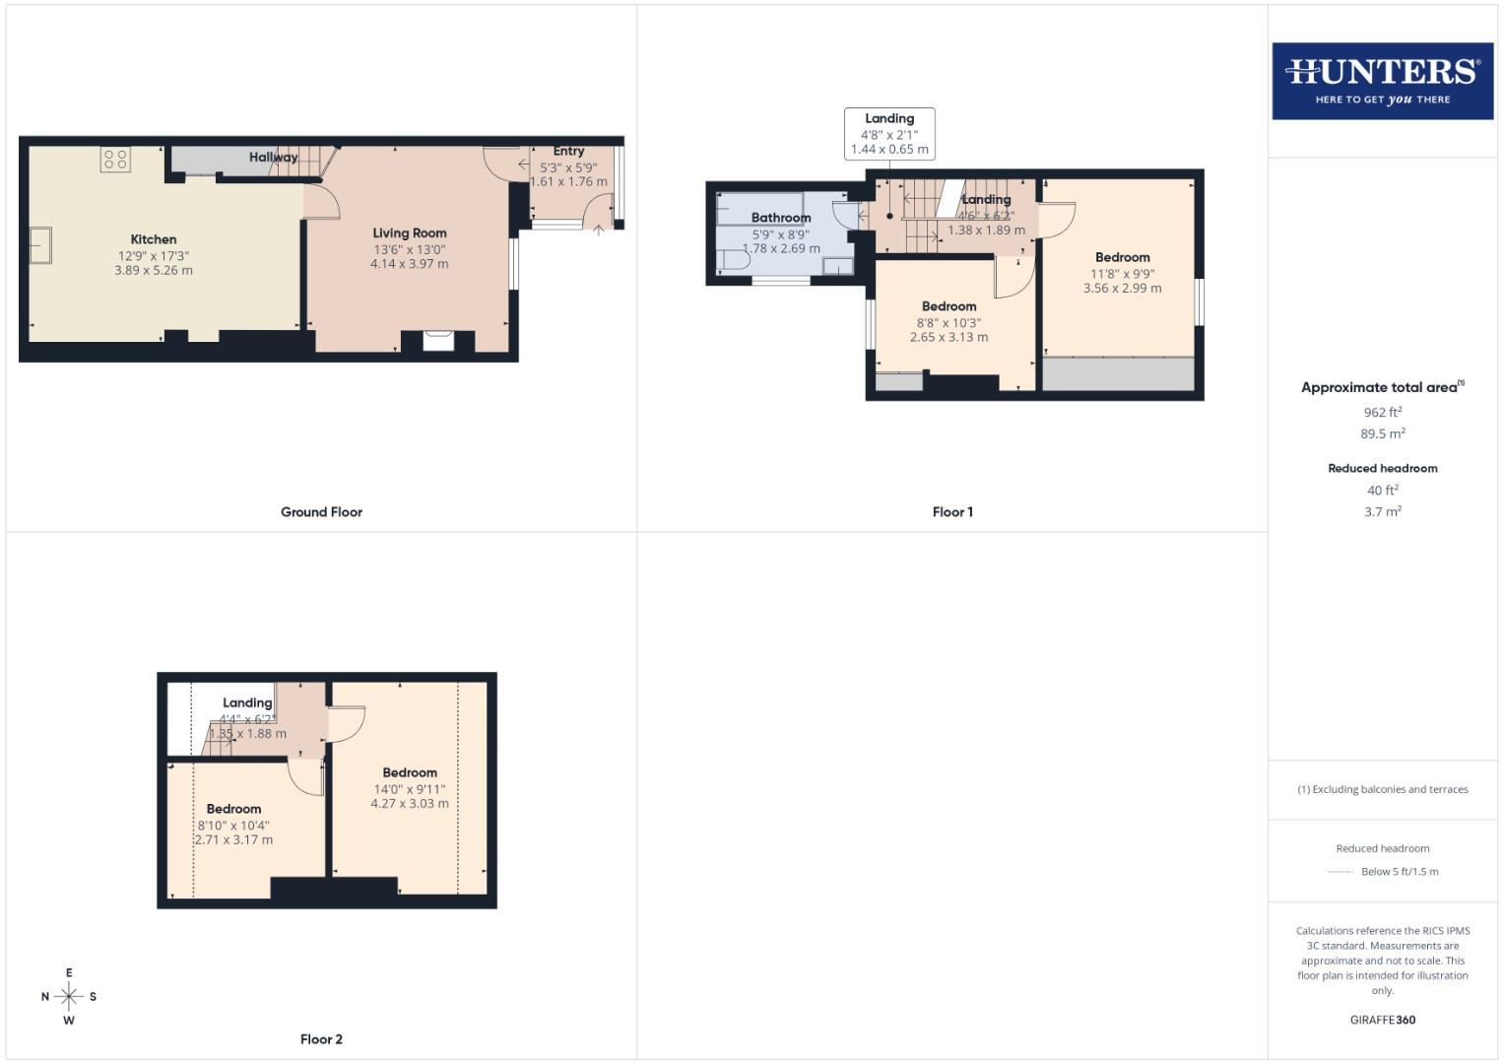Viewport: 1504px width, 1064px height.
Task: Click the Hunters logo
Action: coord(1382,81)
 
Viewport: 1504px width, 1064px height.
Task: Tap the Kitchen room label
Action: coord(154,239)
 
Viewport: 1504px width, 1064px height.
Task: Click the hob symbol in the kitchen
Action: coord(115,159)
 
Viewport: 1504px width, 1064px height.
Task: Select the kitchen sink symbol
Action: coord(40,245)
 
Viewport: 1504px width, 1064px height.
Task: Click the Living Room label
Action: coord(409,233)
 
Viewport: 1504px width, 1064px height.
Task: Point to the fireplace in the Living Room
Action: coord(438,341)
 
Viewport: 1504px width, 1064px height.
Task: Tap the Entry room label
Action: coord(568,151)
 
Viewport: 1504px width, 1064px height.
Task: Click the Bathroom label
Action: coord(781,218)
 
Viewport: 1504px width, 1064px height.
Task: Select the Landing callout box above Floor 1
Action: coord(889,133)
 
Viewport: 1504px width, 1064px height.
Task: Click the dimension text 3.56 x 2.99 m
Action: coord(1122,289)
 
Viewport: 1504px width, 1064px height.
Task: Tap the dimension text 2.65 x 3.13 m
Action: coord(948,337)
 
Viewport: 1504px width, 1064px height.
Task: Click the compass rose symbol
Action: coord(69,996)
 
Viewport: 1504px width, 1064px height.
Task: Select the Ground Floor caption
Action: coord(321,512)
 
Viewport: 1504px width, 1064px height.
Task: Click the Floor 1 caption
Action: coord(952,512)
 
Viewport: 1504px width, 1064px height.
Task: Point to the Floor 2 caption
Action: coord(321,1039)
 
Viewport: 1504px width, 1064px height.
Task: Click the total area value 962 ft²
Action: coord(1382,412)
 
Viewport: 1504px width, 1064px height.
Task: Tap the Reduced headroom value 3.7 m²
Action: coord(1382,511)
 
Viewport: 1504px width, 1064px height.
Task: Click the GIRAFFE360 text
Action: coord(1382,1020)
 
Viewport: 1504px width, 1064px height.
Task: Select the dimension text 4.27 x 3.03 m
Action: coord(409,804)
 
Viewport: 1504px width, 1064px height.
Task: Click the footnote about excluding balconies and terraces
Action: coord(1382,789)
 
